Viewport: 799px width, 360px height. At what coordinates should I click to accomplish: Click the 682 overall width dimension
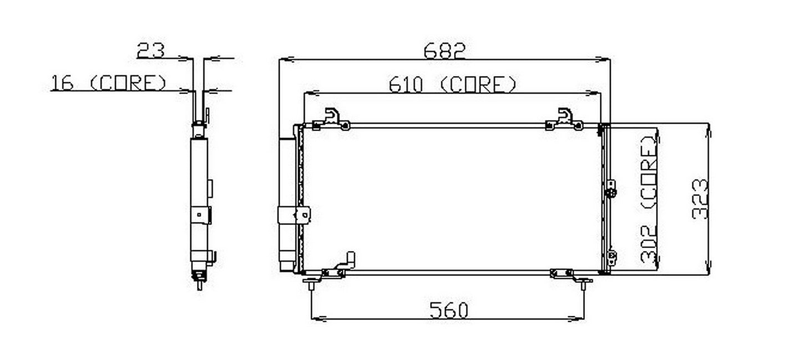click(x=444, y=50)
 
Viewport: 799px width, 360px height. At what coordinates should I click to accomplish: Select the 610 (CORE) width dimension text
click(x=452, y=84)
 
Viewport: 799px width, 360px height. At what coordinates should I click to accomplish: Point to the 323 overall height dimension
click(x=701, y=199)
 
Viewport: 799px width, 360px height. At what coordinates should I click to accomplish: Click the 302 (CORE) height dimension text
click(x=649, y=198)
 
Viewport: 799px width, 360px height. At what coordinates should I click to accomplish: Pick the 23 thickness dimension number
click(x=151, y=50)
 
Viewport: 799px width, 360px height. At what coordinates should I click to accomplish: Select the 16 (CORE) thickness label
click(x=108, y=83)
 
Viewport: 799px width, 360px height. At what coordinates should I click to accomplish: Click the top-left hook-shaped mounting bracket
click(x=332, y=116)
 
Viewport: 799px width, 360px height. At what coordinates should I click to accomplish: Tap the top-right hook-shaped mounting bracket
click(x=565, y=116)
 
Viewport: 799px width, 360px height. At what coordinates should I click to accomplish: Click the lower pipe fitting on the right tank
click(x=611, y=257)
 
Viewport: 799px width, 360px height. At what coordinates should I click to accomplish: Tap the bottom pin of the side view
click(x=199, y=285)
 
